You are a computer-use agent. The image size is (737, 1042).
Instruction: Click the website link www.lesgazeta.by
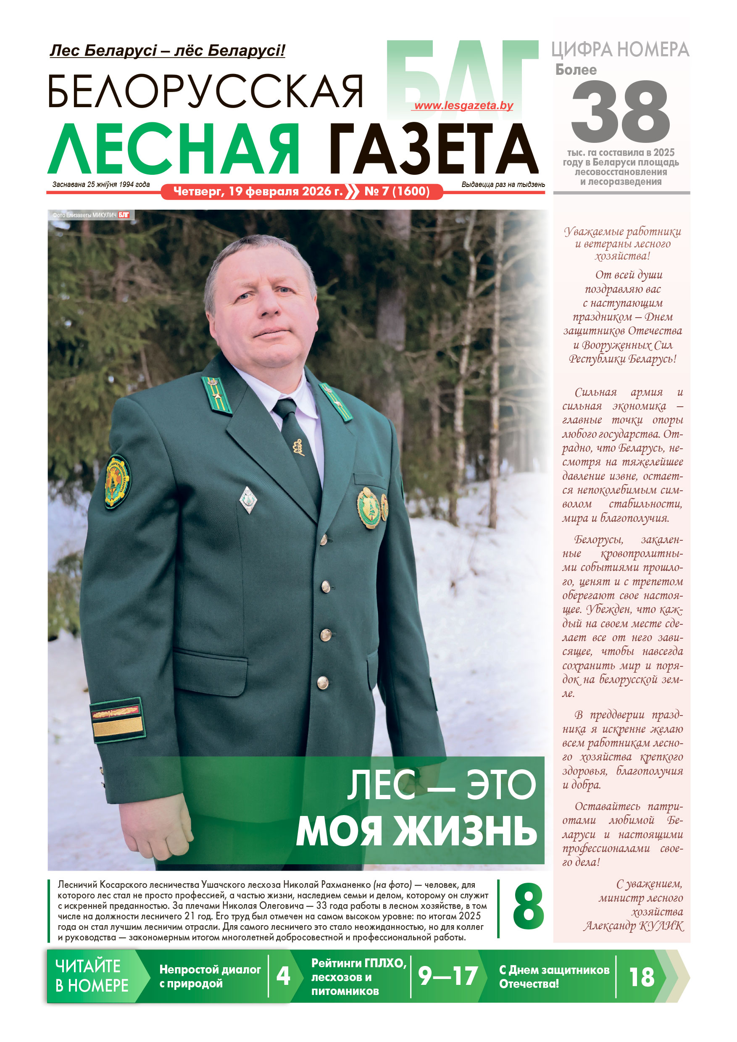tap(463, 106)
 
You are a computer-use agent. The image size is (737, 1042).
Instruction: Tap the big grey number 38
tap(620, 112)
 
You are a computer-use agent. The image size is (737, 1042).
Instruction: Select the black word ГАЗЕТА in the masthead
tap(433, 149)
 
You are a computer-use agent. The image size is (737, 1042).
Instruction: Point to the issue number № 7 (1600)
tap(397, 192)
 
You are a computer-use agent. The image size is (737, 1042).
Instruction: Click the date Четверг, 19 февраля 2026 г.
tap(258, 192)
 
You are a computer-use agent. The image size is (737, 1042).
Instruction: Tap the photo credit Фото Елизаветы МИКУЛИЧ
tap(85, 215)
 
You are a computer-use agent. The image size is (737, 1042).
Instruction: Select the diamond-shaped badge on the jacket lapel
tap(248, 500)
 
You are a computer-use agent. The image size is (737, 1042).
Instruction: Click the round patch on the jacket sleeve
tap(117, 482)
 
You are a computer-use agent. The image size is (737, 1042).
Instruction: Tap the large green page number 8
tap(528, 907)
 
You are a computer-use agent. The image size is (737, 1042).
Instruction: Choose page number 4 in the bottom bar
tap(283, 976)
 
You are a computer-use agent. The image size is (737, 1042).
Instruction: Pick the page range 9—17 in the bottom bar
tap(447, 976)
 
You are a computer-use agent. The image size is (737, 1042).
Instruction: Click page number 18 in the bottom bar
tap(642, 976)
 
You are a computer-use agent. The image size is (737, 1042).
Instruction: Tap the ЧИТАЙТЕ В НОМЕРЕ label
tap(92, 976)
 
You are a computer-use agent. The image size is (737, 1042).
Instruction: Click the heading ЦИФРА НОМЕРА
tap(620, 50)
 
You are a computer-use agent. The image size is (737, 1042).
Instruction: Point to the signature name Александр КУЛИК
tap(634, 926)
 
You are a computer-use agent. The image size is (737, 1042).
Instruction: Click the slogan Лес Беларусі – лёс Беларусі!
tap(168, 50)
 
